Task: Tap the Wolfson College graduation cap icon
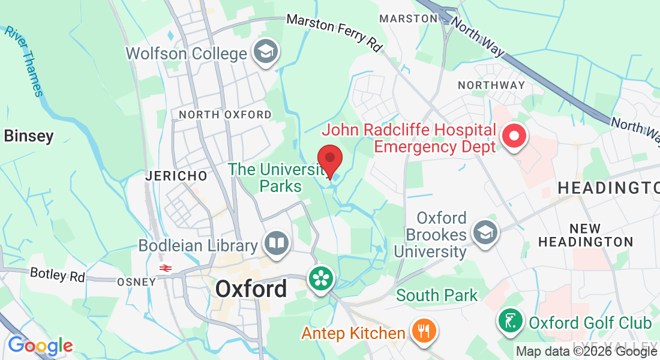(263, 52)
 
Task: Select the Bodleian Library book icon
(276, 244)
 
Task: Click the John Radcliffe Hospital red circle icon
(514, 137)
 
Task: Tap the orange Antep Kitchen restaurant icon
(424, 332)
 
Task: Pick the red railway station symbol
(163, 268)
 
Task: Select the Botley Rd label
(57, 275)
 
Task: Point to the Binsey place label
(29, 136)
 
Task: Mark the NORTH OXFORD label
(225, 114)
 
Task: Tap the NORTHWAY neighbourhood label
(491, 85)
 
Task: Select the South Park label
(437, 295)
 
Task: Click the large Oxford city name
(251, 289)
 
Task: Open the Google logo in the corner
(40, 346)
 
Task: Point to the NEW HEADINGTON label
(585, 235)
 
